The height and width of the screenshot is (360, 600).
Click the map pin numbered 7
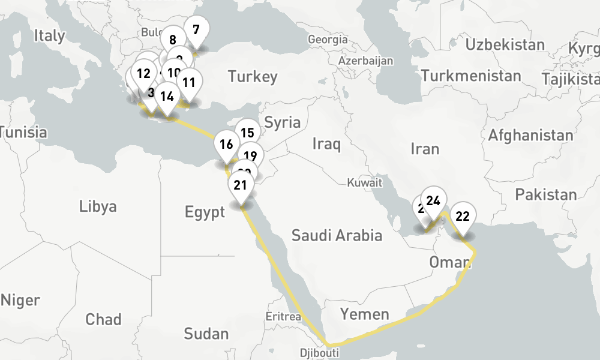[196, 29]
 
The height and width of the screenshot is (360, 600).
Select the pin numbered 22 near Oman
[463, 217]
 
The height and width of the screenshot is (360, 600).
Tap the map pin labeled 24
[434, 201]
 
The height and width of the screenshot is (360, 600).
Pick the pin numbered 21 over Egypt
[241, 185]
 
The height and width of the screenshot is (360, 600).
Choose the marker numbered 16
[226, 144]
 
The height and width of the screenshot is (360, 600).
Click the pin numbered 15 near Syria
[245, 133]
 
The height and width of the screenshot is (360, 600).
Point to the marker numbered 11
[188, 82]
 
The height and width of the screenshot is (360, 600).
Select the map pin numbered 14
[167, 96]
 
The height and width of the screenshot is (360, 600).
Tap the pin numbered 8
[173, 41]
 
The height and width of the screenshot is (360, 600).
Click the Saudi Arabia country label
[337, 235]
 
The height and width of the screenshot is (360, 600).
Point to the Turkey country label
[253, 77]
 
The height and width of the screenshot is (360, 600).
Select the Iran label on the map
[425, 148]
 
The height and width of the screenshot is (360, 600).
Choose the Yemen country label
[364, 313]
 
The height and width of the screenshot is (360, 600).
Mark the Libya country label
[98, 207]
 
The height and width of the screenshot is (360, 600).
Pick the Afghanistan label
[530, 136]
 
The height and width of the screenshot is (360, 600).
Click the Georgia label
[327, 40]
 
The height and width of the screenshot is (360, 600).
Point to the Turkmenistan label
[471, 76]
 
